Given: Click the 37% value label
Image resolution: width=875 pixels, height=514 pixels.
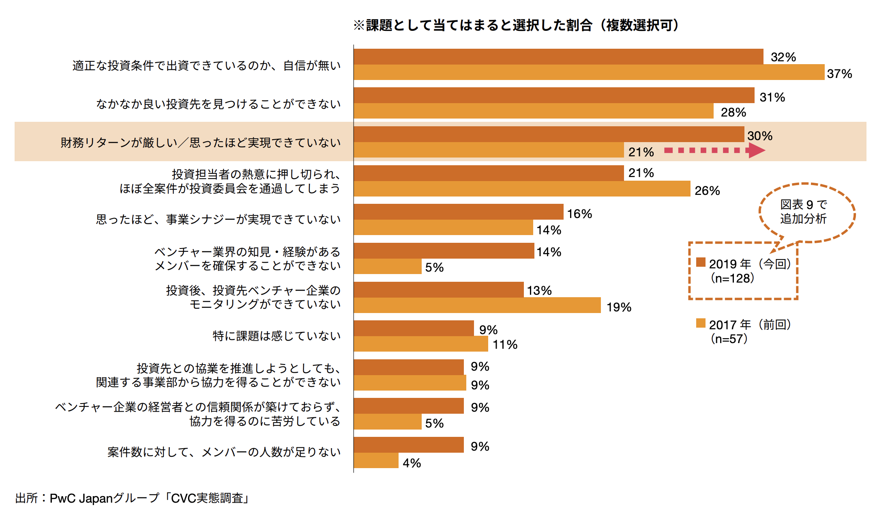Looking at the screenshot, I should click(x=839, y=74).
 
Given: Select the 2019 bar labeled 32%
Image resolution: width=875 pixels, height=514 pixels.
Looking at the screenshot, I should click(x=558, y=56).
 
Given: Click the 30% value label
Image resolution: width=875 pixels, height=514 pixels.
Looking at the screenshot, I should click(x=759, y=136).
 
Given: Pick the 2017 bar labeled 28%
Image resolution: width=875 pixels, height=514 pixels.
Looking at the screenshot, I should click(x=533, y=111).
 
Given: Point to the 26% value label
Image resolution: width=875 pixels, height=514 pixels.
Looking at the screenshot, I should click(x=707, y=190).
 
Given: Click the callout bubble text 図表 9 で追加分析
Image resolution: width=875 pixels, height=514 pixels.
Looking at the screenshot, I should click(x=803, y=212).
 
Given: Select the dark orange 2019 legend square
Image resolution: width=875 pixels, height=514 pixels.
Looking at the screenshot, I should click(x=701, y=262).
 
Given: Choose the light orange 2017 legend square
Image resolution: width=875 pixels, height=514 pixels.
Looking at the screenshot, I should click(x=701, y=323).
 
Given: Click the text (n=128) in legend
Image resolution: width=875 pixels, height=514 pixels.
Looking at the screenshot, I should click(x=732, y=278).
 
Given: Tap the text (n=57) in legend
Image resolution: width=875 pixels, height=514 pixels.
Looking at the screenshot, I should click(x=729, y=339).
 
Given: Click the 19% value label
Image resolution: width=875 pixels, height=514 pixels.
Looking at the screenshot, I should click(x=618, y=307).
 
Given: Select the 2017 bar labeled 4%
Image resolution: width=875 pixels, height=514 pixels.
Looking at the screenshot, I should click(x=376, y=460).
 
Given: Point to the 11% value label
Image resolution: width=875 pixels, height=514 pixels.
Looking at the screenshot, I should click(x=504, y=344).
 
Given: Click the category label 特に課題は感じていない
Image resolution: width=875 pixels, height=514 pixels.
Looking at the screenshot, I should click(x=276, y=336).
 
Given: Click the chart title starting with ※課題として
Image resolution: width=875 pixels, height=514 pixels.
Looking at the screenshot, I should click(x=516, y=25).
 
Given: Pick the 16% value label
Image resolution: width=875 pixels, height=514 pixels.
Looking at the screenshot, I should click(x=579, y=214).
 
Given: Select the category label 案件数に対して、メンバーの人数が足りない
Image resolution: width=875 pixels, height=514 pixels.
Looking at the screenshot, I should click(x=224, y=452).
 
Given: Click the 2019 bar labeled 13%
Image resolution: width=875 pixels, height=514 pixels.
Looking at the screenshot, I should click(x=438, y=289).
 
